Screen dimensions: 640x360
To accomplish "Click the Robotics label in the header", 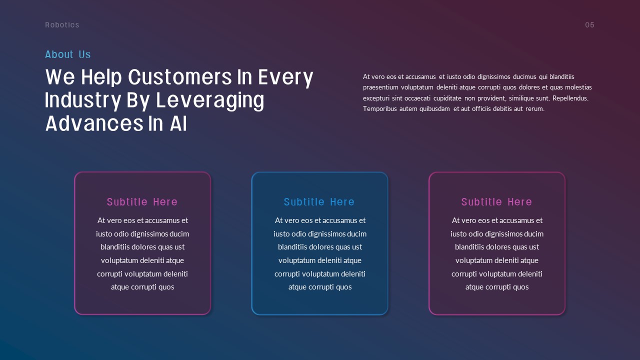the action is pyautogui.click(x=62, y=25).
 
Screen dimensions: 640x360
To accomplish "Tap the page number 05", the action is pyautogui.click(x=589, y=25).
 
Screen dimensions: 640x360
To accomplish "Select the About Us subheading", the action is pyautogui.click(x=67, y=54).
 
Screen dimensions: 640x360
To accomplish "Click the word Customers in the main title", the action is pyautogui.click(x=179, y=77).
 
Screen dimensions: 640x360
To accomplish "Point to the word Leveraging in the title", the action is pyautogui.click(x=210, y=101).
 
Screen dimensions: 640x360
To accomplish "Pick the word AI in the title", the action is pyautogui.click(x=178, y=123).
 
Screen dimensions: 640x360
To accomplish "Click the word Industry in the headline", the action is pyautogui.click(x=83, y=101).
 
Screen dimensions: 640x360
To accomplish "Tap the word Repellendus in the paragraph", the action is pyautogui.click(x=570, y=98).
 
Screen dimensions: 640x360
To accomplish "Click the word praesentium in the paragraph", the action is pyautogui.click(x=380, y=87).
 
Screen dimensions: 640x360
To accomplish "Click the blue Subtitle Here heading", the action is pyautogui.click(x=319, y=202).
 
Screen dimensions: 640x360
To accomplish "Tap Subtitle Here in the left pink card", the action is pyautogui.click(x=142, y=202).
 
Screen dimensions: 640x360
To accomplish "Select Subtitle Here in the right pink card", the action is pyautogui.click(x=496, y=202).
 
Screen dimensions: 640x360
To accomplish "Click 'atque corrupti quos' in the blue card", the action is pyautogui.click(x=320, y=287).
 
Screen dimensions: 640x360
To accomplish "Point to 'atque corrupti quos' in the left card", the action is pyautogui.click(x=142, y=287).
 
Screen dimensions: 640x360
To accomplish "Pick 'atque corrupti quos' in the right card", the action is pyautogui.click(x=497, y=287).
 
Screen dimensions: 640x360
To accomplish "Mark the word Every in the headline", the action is pyautogui.click(x=285, y=77).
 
